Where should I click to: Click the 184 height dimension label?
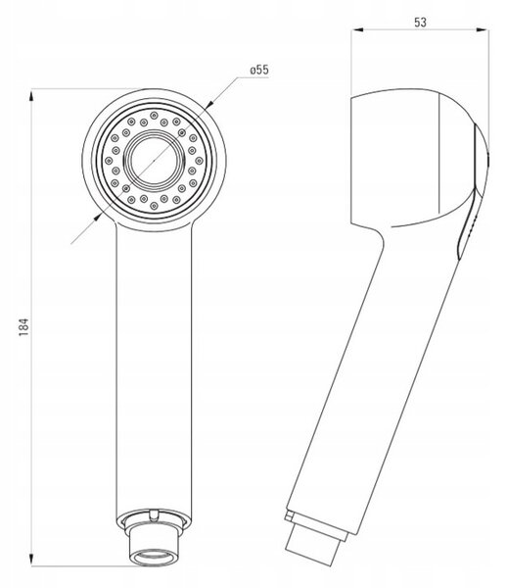pyautogui.click(x=23, y=326)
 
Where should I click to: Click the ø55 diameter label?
pyautogui.click(x=259, y=70)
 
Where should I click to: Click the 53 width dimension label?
pyautogui.click(x=420, y=23)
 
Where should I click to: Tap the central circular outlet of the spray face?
pyautogui.click(x=155, y=160)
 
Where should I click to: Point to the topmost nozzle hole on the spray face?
pyautogui.click(x=154, y=115)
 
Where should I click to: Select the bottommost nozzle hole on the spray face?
pyautogui.click(x=154, y=206)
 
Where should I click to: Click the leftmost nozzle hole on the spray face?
pyautogui.click(x=109, y=161)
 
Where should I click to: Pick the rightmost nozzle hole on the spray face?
pyautogui.click(x=200, y=161)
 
